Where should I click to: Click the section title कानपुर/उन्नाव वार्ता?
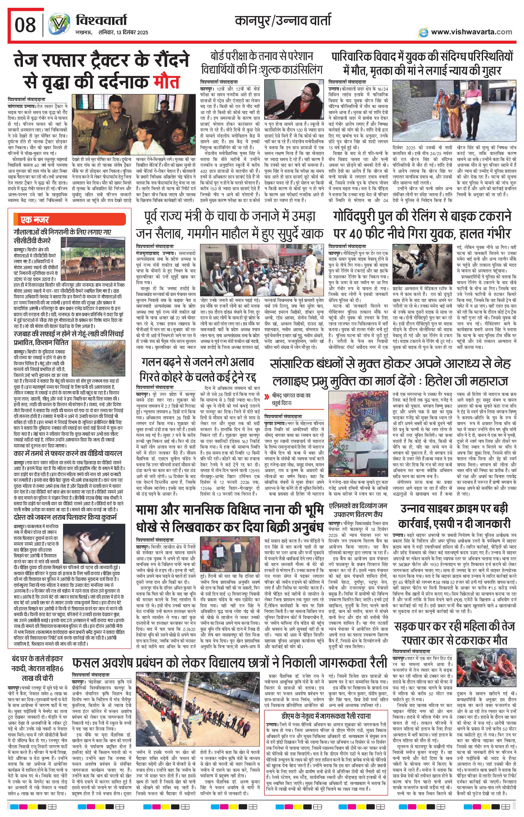coord(283,21)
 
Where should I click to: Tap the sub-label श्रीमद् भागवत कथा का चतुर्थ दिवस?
coord(293,398)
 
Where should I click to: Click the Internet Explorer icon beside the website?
coord(423,32)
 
